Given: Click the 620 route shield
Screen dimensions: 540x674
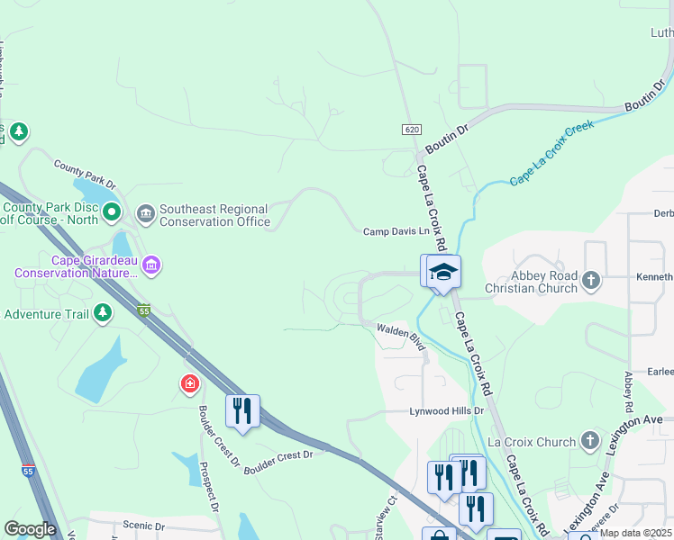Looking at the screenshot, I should coord(412,130).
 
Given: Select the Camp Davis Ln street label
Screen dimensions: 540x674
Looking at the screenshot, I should coord(396,232).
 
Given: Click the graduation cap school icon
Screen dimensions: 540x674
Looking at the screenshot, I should coord(443,272).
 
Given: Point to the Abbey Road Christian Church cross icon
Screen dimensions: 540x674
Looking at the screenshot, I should coord(590,280).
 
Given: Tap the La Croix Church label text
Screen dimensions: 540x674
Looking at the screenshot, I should coord(531,442).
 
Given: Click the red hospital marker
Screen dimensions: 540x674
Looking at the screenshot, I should coord(189,384).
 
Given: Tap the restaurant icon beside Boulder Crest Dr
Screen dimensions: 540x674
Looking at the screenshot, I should coord(242,410).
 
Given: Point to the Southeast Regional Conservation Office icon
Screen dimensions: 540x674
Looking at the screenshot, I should coord(146,213).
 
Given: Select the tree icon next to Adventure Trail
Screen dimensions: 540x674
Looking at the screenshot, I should coord(104,312).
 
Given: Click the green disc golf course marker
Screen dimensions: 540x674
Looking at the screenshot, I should coord(112,213).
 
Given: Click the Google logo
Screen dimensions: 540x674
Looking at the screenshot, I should coord(31,529).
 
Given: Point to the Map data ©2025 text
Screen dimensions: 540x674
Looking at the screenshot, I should coord(634,533).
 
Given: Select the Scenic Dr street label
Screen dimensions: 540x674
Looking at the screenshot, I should coord(144,526).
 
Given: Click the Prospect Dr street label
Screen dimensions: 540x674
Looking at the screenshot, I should coord(208,488).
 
